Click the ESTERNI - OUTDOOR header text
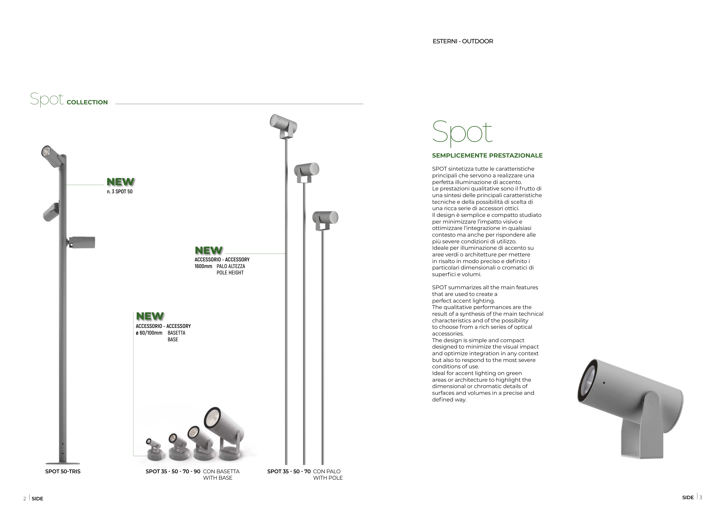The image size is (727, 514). (x=463, y=42)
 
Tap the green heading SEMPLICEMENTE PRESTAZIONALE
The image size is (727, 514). (x=487, y=156)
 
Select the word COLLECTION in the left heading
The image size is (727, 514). (x=87, y=102)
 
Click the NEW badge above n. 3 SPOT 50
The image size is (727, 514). (x=120, y=182)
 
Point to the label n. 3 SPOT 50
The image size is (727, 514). (x=120, y=192)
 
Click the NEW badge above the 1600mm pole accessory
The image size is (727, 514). (x=208, y=250)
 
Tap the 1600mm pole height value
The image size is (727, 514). (x=203, y=266)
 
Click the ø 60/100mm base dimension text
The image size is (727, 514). (x=149, y=333)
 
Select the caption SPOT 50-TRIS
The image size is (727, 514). (x=63, y=471)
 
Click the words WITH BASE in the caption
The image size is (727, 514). (x=218, y=478)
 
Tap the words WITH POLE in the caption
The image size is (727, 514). (x=328, y=478)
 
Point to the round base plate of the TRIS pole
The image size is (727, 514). (x=63, y=463)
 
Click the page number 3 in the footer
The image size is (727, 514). (x=701, y=497)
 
